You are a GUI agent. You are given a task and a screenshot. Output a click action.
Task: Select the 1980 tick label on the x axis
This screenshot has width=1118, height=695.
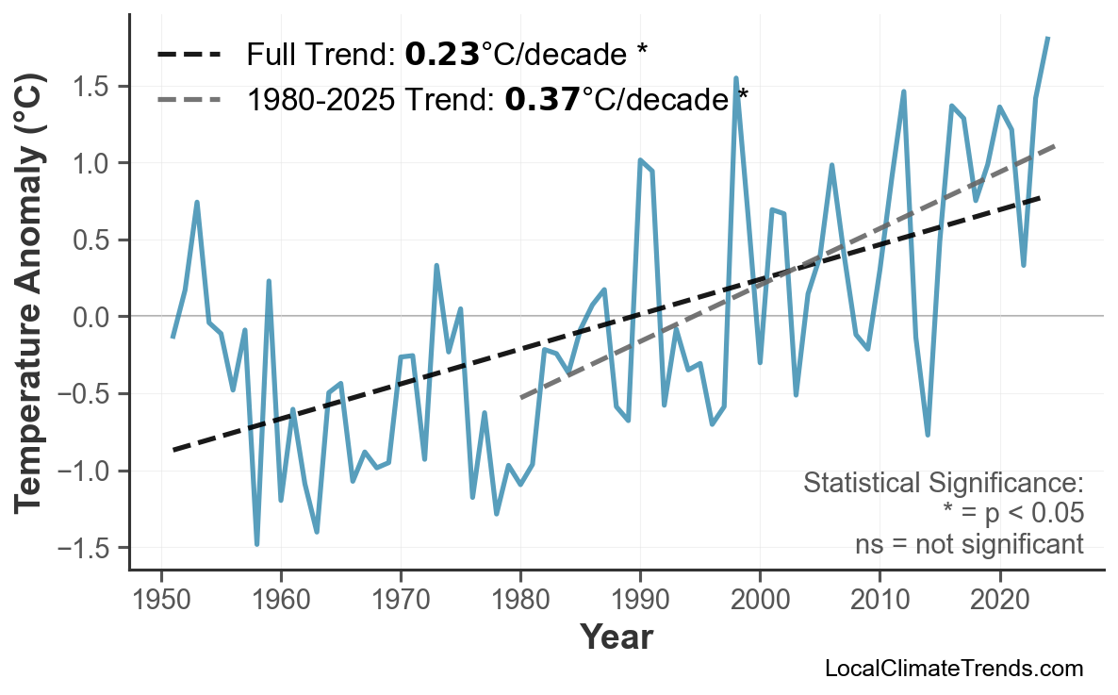click(x=520, y=600)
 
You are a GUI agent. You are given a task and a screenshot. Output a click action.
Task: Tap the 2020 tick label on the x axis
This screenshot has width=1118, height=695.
click(x=999, y=600)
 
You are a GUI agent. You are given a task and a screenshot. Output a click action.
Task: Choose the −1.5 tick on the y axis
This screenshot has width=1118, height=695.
click(x=88, y=548)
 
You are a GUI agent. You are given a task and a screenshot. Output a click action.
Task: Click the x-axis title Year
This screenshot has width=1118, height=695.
click(x=616, y=637)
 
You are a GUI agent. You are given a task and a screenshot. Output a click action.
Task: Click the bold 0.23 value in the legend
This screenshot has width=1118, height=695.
click(x=442, y=55)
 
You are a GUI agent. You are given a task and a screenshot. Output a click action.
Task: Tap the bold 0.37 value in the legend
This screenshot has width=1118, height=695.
click(x=542, y=98)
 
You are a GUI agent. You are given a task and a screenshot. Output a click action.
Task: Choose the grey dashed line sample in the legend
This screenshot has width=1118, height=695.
click(x=189, y=98)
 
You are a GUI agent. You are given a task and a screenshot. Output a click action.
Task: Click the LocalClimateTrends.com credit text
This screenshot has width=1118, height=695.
click(x=953, y=670)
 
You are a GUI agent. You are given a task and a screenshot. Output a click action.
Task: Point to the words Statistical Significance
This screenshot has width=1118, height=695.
click(x=943, y=484)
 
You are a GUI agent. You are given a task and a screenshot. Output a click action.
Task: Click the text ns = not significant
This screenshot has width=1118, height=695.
click(x=969, y=544)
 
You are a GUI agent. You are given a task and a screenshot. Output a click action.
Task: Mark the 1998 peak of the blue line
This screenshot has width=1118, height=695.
click(x=735, y=78)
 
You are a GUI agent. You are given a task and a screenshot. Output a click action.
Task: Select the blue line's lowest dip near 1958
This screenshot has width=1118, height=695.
click(x=256, y=544)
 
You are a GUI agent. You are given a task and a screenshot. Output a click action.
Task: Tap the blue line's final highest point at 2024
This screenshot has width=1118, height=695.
click(x=1047, y=38)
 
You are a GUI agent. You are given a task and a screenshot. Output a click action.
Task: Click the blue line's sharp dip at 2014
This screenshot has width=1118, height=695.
click(x=928, y=435)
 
